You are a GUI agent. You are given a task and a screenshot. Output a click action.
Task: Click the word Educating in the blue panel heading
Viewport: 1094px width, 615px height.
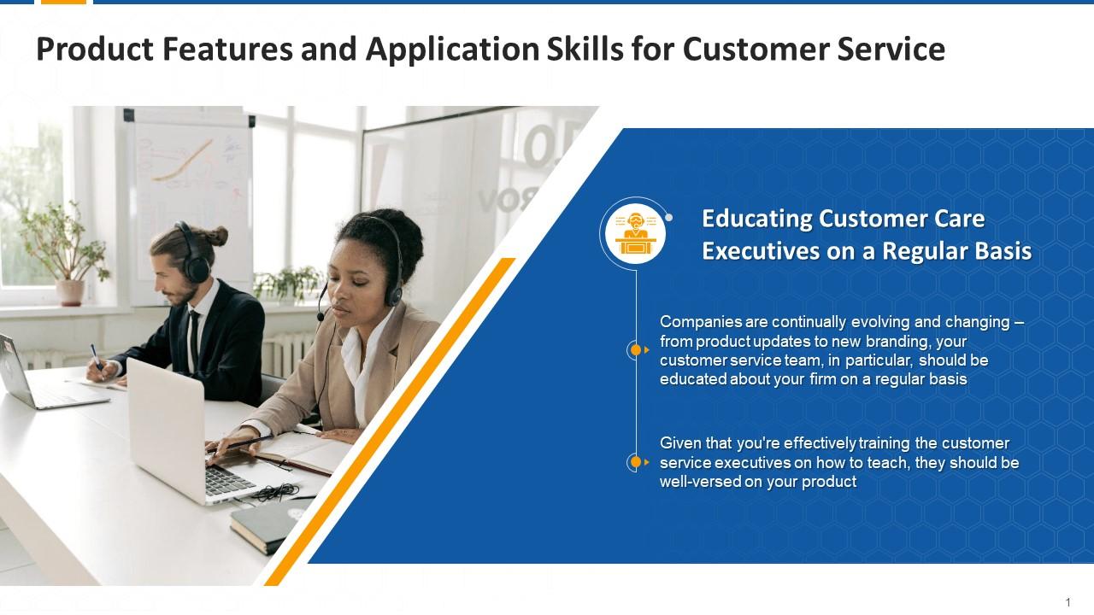pyautogui.click(x=756, y=219)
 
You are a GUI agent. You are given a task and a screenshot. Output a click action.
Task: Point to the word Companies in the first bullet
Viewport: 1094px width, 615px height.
pyautogui.click(x=700, y=322)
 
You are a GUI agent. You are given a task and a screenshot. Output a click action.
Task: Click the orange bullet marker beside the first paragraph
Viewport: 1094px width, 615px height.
pyautogui.click(x=635, y=350)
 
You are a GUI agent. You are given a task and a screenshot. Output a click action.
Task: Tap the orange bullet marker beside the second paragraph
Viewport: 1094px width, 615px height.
pyautogui.click(x=635, y=462)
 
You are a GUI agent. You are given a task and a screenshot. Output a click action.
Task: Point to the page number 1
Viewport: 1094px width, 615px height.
pyautogui.click(x=1068, y=603)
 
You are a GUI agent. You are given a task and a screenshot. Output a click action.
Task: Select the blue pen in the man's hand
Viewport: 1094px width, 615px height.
pyautogui.click(x=97, y=356)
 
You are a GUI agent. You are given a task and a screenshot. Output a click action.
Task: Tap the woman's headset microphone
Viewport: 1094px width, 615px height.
pyautogui.click(x=321, y=314)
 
